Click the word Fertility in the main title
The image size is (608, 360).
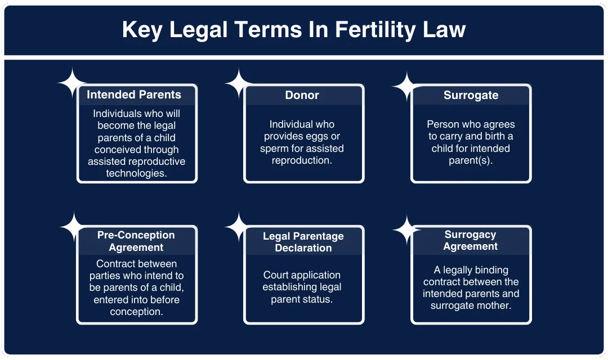pos(372,29)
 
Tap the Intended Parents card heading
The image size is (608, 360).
pos(134,94)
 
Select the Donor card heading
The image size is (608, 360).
pos(302,95)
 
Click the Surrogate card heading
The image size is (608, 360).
pos(471,95)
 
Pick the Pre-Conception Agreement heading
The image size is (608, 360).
pos(136,241)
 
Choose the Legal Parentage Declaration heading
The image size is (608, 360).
pos(303,242)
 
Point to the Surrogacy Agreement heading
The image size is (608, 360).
pos(470,240)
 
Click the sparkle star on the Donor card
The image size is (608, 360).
pos(239,84)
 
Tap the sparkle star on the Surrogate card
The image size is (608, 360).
pos(406,86)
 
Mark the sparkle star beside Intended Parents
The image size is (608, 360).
pos(72,83)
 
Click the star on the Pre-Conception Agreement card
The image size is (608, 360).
pos(74,227)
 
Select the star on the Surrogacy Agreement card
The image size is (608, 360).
pos(406,229)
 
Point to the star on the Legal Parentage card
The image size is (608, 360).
pos(239,227)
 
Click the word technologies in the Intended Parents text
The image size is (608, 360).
pos(136,174)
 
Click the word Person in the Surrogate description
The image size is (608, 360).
pos(442,124)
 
